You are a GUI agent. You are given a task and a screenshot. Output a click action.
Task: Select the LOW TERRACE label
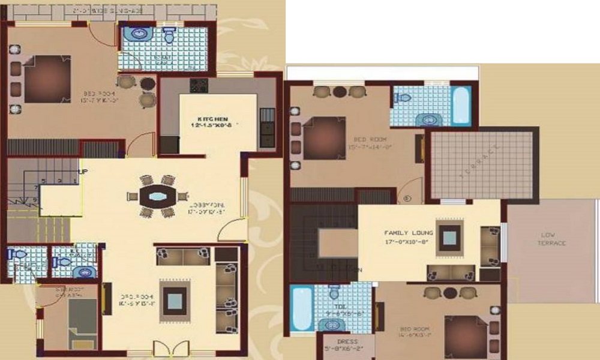[553, 239]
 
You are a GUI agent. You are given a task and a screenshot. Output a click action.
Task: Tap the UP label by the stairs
[83, 172]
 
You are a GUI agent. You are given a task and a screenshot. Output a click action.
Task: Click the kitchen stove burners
[199, 85]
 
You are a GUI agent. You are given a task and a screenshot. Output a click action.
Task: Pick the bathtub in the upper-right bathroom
[461, 105]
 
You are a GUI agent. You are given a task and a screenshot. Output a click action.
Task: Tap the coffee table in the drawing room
[173, 300]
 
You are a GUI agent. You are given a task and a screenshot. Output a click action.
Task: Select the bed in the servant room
[82, 322]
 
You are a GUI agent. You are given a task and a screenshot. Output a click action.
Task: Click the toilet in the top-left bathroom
[169, 36]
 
